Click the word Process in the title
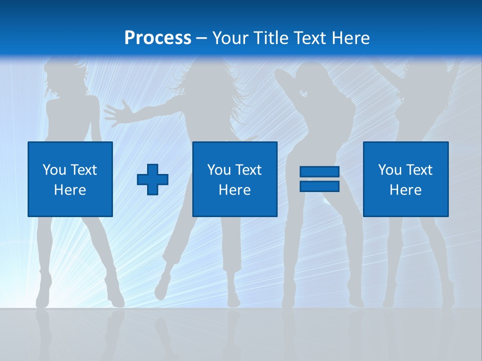(158, 38)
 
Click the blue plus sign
(153, 179)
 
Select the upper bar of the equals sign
(319, 172)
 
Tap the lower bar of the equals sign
(319, 186)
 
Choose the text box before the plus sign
(70, 179)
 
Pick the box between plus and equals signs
(234, 179)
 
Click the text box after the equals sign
(406, 179)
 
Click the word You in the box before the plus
(54, 170)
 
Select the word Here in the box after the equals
(406, 190)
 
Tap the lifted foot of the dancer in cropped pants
(162, 289)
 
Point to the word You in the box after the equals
(389, 170)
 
